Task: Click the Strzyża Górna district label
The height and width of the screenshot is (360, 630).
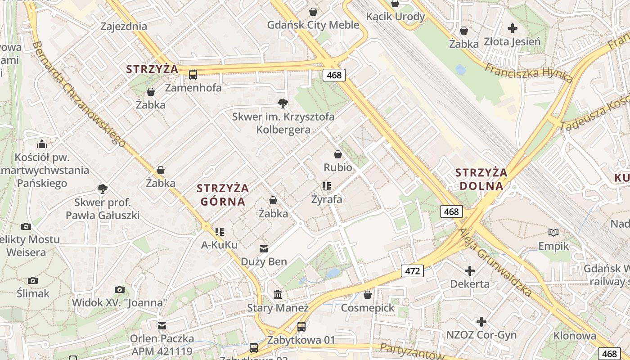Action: coord(223,194)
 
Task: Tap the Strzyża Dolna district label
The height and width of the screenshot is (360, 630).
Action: coord(481,179)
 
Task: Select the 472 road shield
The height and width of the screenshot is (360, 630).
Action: coord(412,271)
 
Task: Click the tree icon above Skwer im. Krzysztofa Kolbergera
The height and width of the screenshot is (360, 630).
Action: coord(283,104)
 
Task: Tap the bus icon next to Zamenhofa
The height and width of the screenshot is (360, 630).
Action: coord(193,74)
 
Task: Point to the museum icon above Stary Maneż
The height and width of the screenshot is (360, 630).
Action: coord(278,295)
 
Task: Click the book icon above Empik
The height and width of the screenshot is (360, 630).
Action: coord(553,233)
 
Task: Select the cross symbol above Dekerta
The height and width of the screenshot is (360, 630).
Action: coord(470,271)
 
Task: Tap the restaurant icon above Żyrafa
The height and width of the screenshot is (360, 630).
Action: coord(327,186)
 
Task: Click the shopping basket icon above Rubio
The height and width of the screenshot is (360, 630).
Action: coord(338,154)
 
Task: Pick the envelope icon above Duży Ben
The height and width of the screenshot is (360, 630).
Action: coord(263,248)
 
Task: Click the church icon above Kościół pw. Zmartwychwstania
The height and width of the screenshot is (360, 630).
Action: coord(42,144)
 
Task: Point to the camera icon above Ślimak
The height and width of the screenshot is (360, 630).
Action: coord(32,281)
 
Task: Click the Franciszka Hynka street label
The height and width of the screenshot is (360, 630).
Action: coord(529,72)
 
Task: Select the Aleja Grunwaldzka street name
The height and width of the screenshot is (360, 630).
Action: coord(495,268)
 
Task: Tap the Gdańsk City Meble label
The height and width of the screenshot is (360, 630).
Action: coord(313,25)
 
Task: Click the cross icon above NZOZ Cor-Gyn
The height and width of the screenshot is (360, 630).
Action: coord(481,322)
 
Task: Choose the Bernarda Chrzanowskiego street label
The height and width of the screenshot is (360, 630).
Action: coord(79,94)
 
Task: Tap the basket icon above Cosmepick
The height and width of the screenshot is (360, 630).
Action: coord(368,295)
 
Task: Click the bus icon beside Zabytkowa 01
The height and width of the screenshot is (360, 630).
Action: coord(301,327)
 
